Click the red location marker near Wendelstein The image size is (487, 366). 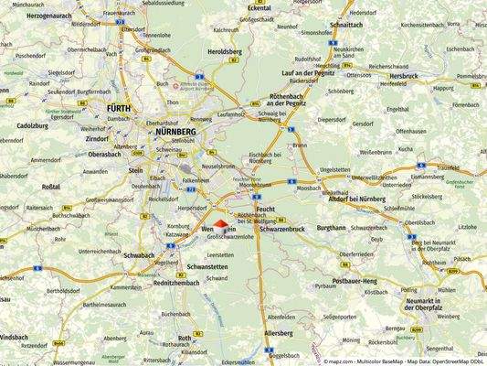[x=220, y=226]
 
